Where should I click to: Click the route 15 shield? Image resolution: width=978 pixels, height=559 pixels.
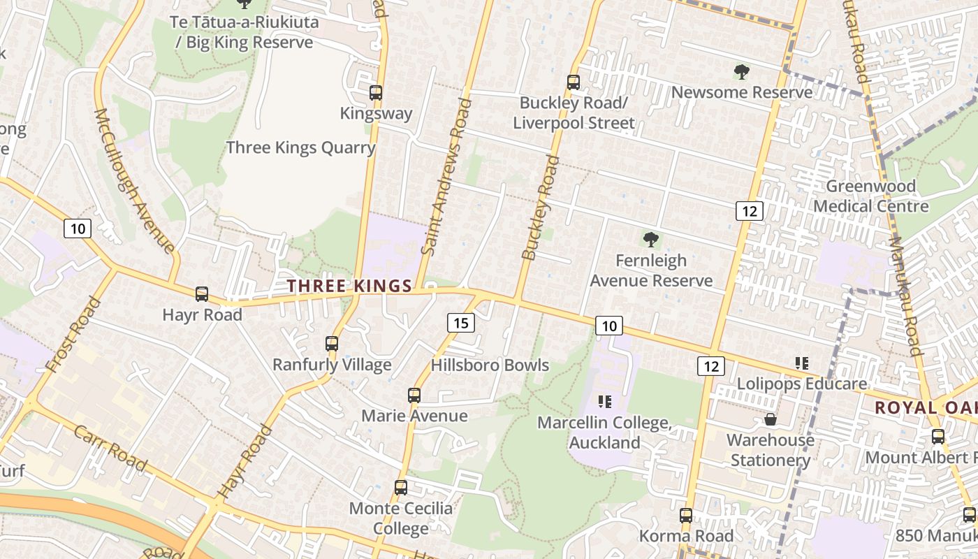(460, 323)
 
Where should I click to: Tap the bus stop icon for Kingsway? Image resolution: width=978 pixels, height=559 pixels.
(376, 92)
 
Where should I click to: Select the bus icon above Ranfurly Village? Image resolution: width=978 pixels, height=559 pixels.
(332, 344)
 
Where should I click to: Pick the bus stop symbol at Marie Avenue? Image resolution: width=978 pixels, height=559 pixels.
(414, 395)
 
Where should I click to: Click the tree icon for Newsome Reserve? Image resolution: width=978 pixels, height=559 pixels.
(741, 71)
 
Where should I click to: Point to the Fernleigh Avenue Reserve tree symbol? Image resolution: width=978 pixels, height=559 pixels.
(651, 240)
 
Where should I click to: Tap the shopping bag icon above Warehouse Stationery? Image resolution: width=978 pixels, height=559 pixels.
(771, 419)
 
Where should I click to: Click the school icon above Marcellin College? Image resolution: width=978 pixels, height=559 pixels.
(605, 402)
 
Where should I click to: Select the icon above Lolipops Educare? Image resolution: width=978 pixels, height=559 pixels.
(802, 363)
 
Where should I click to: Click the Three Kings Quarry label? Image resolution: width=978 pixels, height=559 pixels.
(300, 148)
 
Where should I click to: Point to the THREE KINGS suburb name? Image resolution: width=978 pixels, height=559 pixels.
(349, 286)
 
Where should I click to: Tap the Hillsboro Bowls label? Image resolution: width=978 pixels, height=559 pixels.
(490, 365)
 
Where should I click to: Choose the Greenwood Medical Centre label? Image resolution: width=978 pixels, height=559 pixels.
(871, 196)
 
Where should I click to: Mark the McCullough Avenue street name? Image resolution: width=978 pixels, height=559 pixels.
(133, 180)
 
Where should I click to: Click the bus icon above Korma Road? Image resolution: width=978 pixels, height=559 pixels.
(686, 516)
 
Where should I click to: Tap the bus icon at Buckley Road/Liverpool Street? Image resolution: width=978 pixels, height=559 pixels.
(574, 82)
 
